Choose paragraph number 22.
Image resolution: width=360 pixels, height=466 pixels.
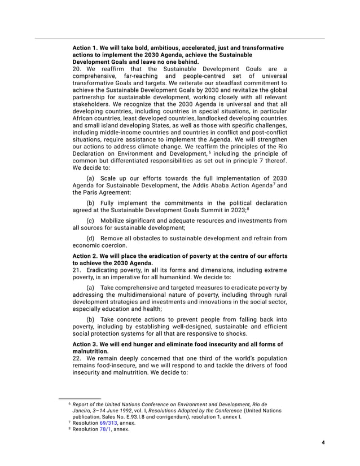[77, 358]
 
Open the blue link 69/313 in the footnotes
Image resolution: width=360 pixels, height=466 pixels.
[109, 422]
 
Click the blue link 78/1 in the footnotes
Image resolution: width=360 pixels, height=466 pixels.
[106, 429]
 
